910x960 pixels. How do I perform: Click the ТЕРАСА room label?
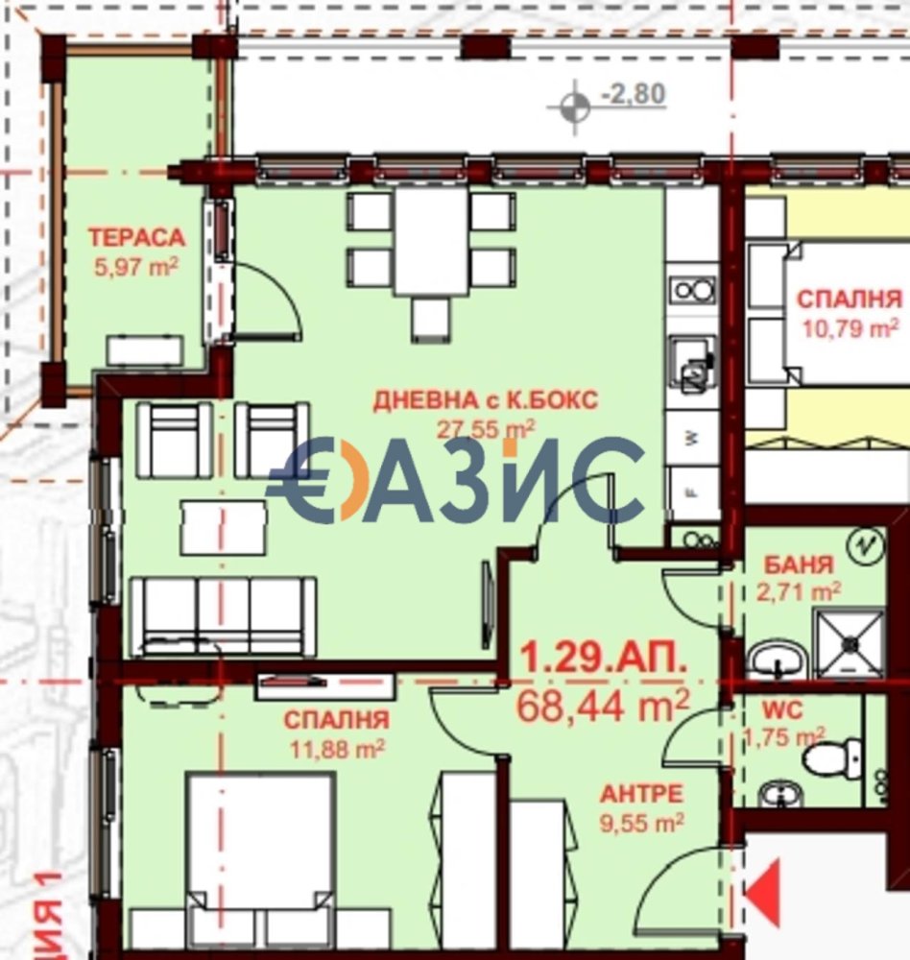click(x=135, y=237)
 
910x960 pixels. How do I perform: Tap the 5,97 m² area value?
click(x=135, y=266)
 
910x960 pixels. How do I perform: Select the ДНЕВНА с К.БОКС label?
click(x=484, y=400)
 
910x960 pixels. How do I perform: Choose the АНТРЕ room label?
click(x=642, y=794)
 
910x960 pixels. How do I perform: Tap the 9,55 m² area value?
click(x=642, y=822)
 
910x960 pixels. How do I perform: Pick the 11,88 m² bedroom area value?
click(x=335, y=748)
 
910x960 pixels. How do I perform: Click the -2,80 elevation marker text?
click(x=633, y=95)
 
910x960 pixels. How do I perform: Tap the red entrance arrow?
click(x=765, y=894)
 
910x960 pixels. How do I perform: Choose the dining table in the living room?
click(x=431, y=241)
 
